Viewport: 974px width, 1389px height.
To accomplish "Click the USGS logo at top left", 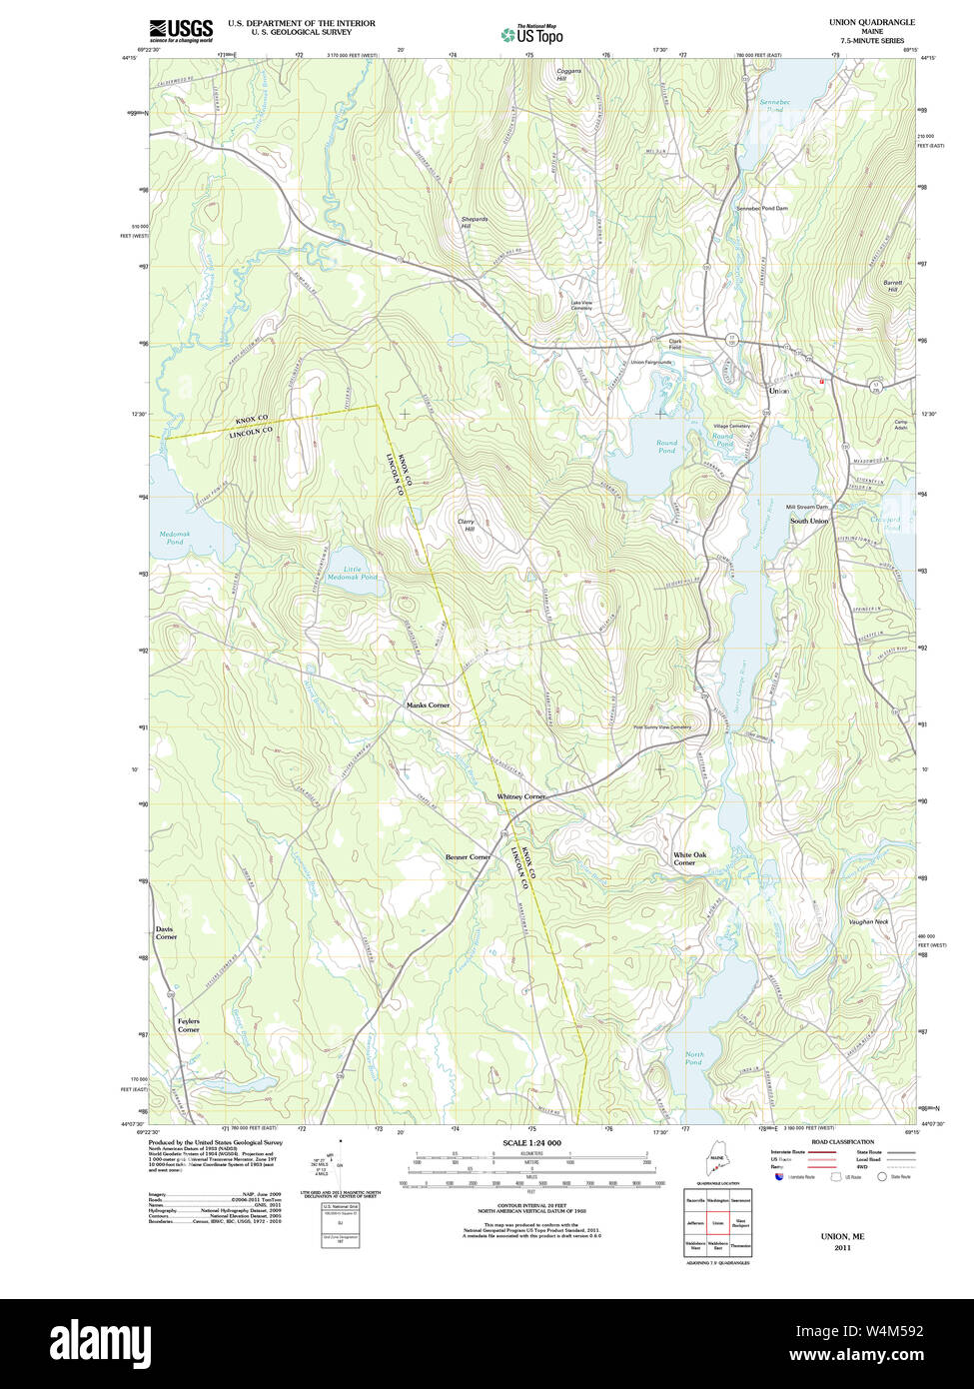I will pos(181,30).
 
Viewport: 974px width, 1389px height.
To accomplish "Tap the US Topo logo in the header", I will pos(531,34).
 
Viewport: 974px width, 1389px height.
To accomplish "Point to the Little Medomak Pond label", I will pos(354,573).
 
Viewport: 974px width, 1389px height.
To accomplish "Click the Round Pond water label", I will pos(666,447).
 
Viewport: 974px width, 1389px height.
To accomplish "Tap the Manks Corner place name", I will pos(428,705).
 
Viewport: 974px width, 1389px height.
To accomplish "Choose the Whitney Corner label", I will pos(520,796).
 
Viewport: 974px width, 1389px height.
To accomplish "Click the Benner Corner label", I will pos(468,857).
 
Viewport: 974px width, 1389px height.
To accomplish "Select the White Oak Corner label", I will pos(689,858).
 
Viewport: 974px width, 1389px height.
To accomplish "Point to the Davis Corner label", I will pos(166,932).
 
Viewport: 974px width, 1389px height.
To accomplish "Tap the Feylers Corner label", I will pos(188,1025).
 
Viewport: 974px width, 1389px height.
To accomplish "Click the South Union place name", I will pos(809,521).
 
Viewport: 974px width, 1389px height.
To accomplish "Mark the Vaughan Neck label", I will pos(868,921).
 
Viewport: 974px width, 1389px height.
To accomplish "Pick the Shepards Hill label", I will pos(474,222).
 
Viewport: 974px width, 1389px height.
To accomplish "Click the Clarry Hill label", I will pos(466,525).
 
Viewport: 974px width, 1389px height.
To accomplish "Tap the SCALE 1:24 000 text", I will pos(531,1142).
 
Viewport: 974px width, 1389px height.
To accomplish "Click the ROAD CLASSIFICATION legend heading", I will pos(842,1141).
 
